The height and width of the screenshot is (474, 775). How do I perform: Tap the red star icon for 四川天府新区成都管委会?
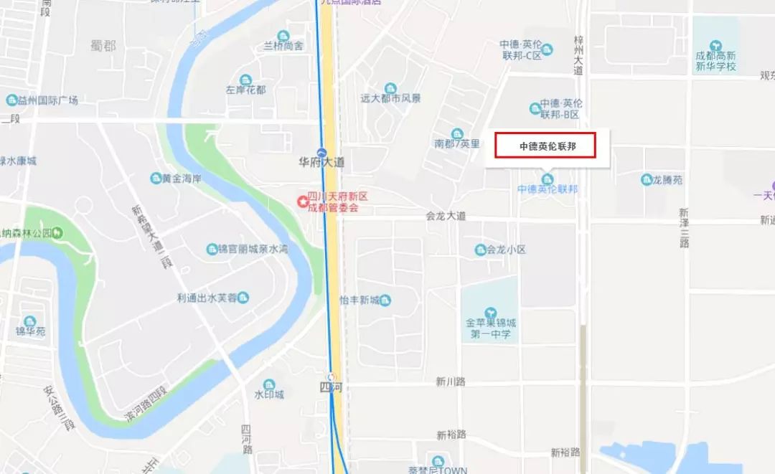[303, 202]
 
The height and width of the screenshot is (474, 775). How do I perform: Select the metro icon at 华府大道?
[322, 152]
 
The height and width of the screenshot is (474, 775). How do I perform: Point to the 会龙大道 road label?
[446, 215]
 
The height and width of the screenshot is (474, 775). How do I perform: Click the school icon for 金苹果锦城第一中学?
[491, 313]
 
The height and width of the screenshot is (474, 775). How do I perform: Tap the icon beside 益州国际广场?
[11, 100]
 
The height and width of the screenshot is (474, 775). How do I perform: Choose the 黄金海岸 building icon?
[156, 178]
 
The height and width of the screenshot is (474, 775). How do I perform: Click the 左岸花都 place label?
[245, 90]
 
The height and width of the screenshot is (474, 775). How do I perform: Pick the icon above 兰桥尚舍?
[283, 36]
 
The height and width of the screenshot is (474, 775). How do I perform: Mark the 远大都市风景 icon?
[390, 88]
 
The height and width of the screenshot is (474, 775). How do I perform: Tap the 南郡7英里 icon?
[457, 133]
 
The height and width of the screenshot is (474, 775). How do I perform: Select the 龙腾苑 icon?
[646, 180]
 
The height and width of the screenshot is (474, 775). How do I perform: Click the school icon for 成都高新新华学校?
[715, 45]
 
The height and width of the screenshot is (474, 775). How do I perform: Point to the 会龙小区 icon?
[481, 250]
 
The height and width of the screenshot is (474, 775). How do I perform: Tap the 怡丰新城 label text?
[360, 300]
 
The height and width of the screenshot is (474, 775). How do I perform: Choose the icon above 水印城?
[269, 384]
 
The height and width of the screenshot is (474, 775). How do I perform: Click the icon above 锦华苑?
[30, 321]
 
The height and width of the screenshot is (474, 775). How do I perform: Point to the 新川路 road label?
[451, 382]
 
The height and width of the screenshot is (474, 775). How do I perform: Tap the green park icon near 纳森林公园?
[58, 232]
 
